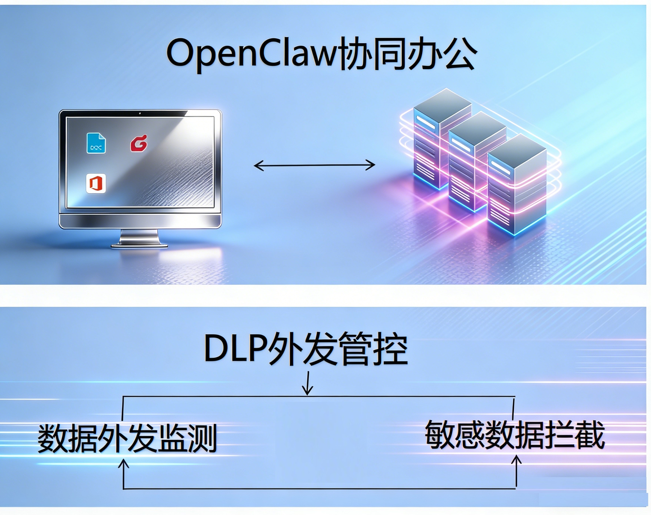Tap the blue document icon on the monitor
[x=96, y=143]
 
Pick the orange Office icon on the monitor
[x=96, y=183]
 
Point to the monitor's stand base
[x=139, y=245]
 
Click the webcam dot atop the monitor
[x=140, y=113]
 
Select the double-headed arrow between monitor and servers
[x=314, y=165]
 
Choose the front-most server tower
[x=516, y=187]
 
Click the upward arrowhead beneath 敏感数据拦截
[x=517, y=460]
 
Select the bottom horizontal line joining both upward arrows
[x=320, y=489]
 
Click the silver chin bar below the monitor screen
[x=140, y=221]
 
